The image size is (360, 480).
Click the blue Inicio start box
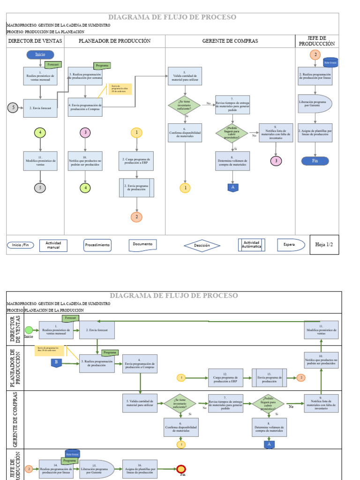click(40, 54)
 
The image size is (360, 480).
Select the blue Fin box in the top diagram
click(315, 161)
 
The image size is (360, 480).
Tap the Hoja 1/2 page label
click(324, 245)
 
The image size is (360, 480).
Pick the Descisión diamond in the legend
click(202, 245)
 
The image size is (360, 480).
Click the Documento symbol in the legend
click(142, 245)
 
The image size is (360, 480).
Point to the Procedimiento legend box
click(97, 245)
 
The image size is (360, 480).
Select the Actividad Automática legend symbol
click(252, 245)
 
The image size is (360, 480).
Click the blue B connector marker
click(56, 362)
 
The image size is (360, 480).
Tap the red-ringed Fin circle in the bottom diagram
click(181, 469)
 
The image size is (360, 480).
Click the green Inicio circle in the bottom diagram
click(29, 330)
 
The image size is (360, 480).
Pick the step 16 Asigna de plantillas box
click(140, 469)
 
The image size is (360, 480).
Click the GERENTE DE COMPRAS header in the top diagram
click(230, 41)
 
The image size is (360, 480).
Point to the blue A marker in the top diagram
click(232, 187)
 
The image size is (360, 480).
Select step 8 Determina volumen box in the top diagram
click(232, 161)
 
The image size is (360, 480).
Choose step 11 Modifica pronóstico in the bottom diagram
click(321, 330)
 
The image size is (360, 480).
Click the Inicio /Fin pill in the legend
click(20, 245)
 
